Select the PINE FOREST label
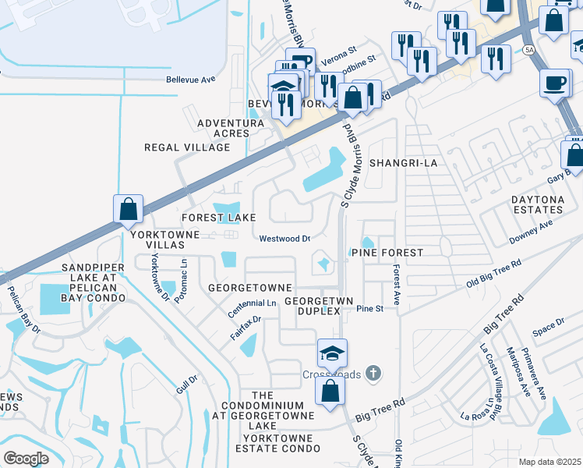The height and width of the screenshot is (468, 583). (387, 253)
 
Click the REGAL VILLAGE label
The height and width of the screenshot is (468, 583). (187, 147)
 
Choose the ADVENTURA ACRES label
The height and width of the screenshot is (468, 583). (230, 129)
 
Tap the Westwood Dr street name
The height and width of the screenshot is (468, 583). (284, 239)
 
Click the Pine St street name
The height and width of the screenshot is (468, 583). (370, 309)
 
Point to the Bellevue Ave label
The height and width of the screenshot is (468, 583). (190, 80)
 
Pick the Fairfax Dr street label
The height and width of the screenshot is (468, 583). (245, 325)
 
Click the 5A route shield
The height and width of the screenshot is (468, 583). (530, 50)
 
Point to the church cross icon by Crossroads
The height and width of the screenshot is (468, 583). (373, 374)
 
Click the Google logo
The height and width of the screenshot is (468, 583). (25, 458)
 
